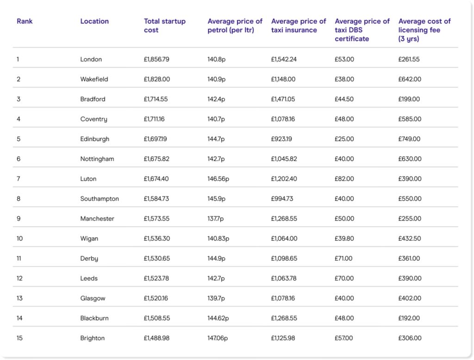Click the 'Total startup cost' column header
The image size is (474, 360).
click(164, 25)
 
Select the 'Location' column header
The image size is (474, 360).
click(94, 21)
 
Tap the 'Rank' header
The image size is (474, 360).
click(25, 21)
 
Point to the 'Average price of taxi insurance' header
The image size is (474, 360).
click(299, 25)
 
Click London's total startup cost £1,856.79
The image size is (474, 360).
click(156, 59)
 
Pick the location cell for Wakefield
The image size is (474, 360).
click(94, 79)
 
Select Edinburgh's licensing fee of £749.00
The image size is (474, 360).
click(410, 139)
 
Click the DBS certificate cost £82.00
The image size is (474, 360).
click(344, 179)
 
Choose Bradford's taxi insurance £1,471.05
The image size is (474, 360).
click(284, 99)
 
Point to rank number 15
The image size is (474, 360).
click(19, 338)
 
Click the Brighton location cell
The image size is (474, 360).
click(93, 338)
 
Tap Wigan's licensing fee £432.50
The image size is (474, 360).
click(410, 239)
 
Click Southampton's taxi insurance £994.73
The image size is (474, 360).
click(282, 199)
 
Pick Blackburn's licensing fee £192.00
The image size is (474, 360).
click(409, 318)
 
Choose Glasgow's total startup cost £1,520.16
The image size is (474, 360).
click(156, 298)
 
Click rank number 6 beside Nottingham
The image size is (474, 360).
click(19, 159)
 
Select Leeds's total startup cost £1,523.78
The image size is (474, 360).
click(156, 278)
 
